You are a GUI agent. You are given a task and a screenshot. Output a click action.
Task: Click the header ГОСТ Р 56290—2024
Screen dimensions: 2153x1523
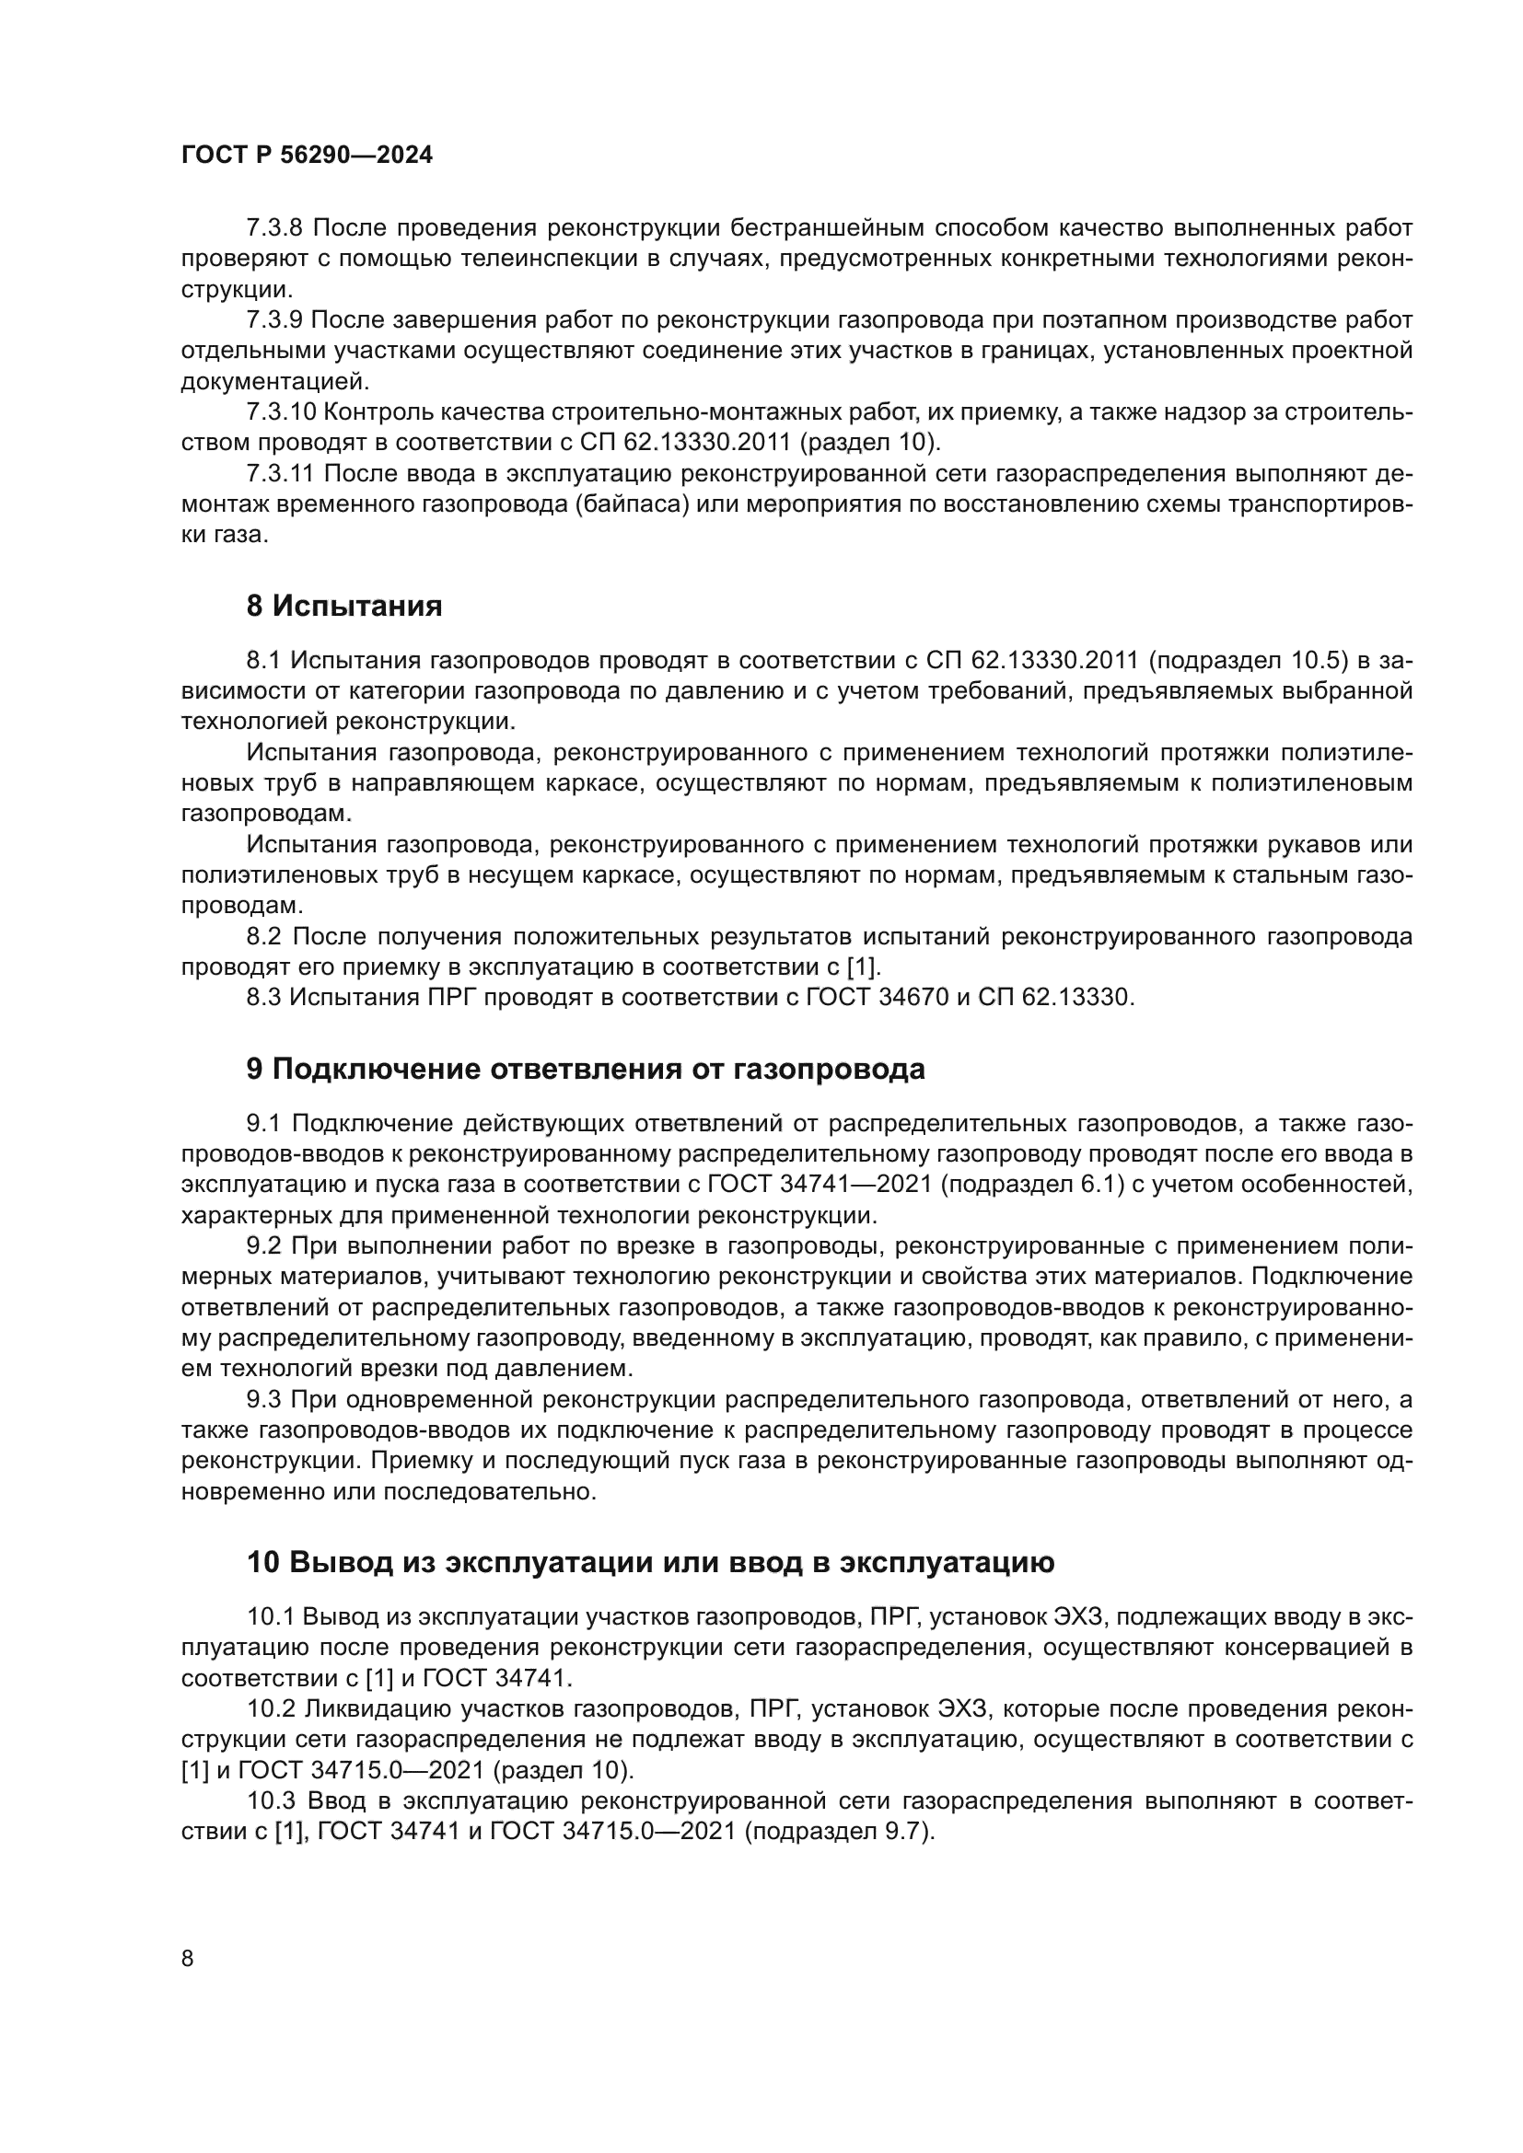click(x=307, y=156)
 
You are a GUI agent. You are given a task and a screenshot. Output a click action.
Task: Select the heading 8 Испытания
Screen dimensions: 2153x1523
click(x=344, y=607)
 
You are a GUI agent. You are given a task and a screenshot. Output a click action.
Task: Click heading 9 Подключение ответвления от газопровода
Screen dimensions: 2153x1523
click(x=586, y=1069)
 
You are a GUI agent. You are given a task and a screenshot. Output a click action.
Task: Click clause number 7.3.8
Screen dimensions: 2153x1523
click(x=273, y=228)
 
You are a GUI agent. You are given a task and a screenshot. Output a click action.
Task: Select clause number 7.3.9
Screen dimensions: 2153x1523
click(x=273, y=320)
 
